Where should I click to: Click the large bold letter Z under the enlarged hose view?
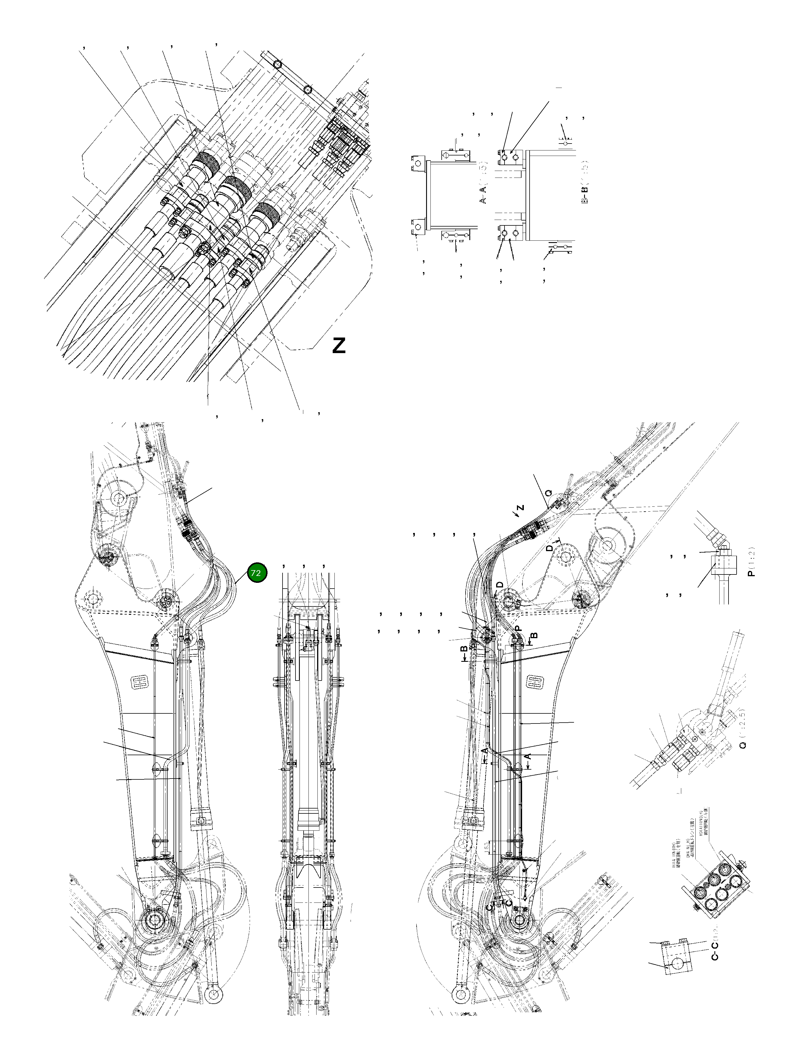pos(339,346)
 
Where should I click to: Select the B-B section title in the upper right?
pos(584,188)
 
